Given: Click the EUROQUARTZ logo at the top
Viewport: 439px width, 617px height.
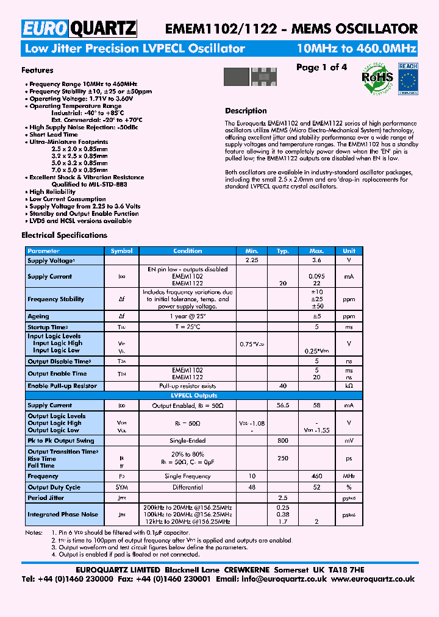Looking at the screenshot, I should click(x=79, y=28).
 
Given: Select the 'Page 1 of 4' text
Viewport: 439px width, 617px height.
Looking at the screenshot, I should click(x=321, y=67).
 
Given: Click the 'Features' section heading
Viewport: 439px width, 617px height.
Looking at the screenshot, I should click(x=37, y=70).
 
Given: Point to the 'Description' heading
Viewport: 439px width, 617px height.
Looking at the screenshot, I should click(x=246, y=111).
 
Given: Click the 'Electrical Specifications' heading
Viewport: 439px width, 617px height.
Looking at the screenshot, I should click(x=64, y=235).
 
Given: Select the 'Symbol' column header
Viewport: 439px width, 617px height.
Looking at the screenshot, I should click(x=121, y=251).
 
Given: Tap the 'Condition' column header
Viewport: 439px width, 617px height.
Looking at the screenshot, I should click(x=188, y=251).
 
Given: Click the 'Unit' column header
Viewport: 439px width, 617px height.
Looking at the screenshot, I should click(x=349, y=251).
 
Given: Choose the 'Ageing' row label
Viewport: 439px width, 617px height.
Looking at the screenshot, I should click(x=38, y=316).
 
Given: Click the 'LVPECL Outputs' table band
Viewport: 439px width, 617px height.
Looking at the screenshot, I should click(x=188, y=396).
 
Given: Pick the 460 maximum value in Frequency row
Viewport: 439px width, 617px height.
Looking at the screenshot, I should click(x=316, y=476).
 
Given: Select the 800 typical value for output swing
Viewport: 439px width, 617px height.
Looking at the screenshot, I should click(x=282, y=441).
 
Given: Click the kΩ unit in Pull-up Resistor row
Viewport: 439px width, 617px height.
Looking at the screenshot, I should click(x=349, y=386).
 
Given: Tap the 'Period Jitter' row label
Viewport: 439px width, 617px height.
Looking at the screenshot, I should click(x=46, y=498).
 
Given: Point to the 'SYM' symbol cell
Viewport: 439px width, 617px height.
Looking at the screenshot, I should click(x=121, y=487).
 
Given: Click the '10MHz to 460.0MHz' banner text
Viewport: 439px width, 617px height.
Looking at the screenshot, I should click(x=356, y=49).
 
